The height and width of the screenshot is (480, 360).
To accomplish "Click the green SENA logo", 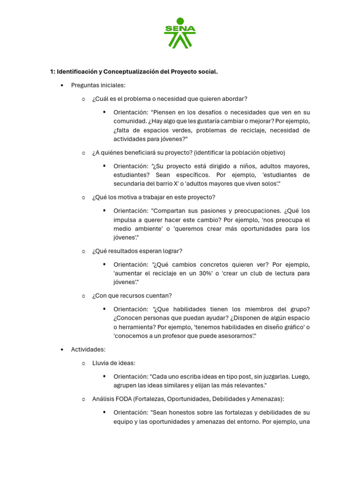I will [x=180, y=33].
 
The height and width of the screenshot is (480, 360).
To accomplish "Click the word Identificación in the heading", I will [x=77, y=72].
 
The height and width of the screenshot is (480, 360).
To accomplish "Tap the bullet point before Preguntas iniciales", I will [x=62, y=85].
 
